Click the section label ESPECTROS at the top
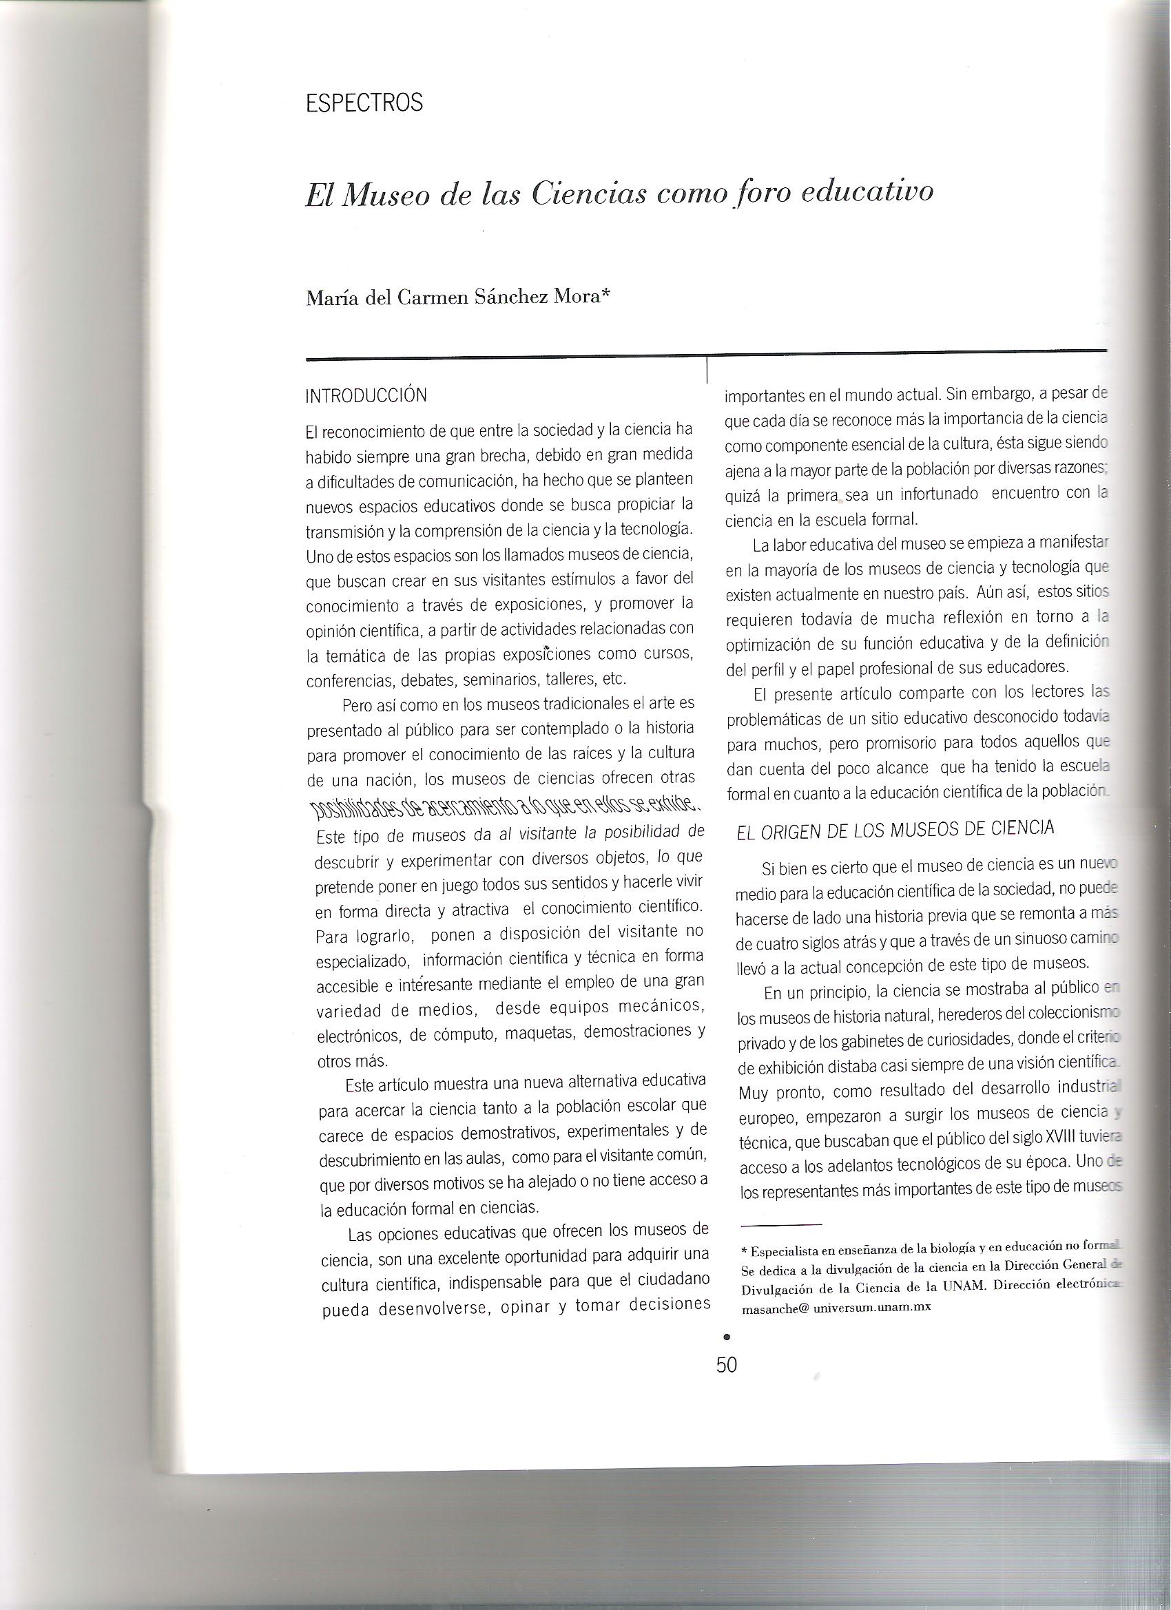pyautogui.click(x=364, y=104)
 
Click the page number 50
pyautogui.click(x=727, y=1365)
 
